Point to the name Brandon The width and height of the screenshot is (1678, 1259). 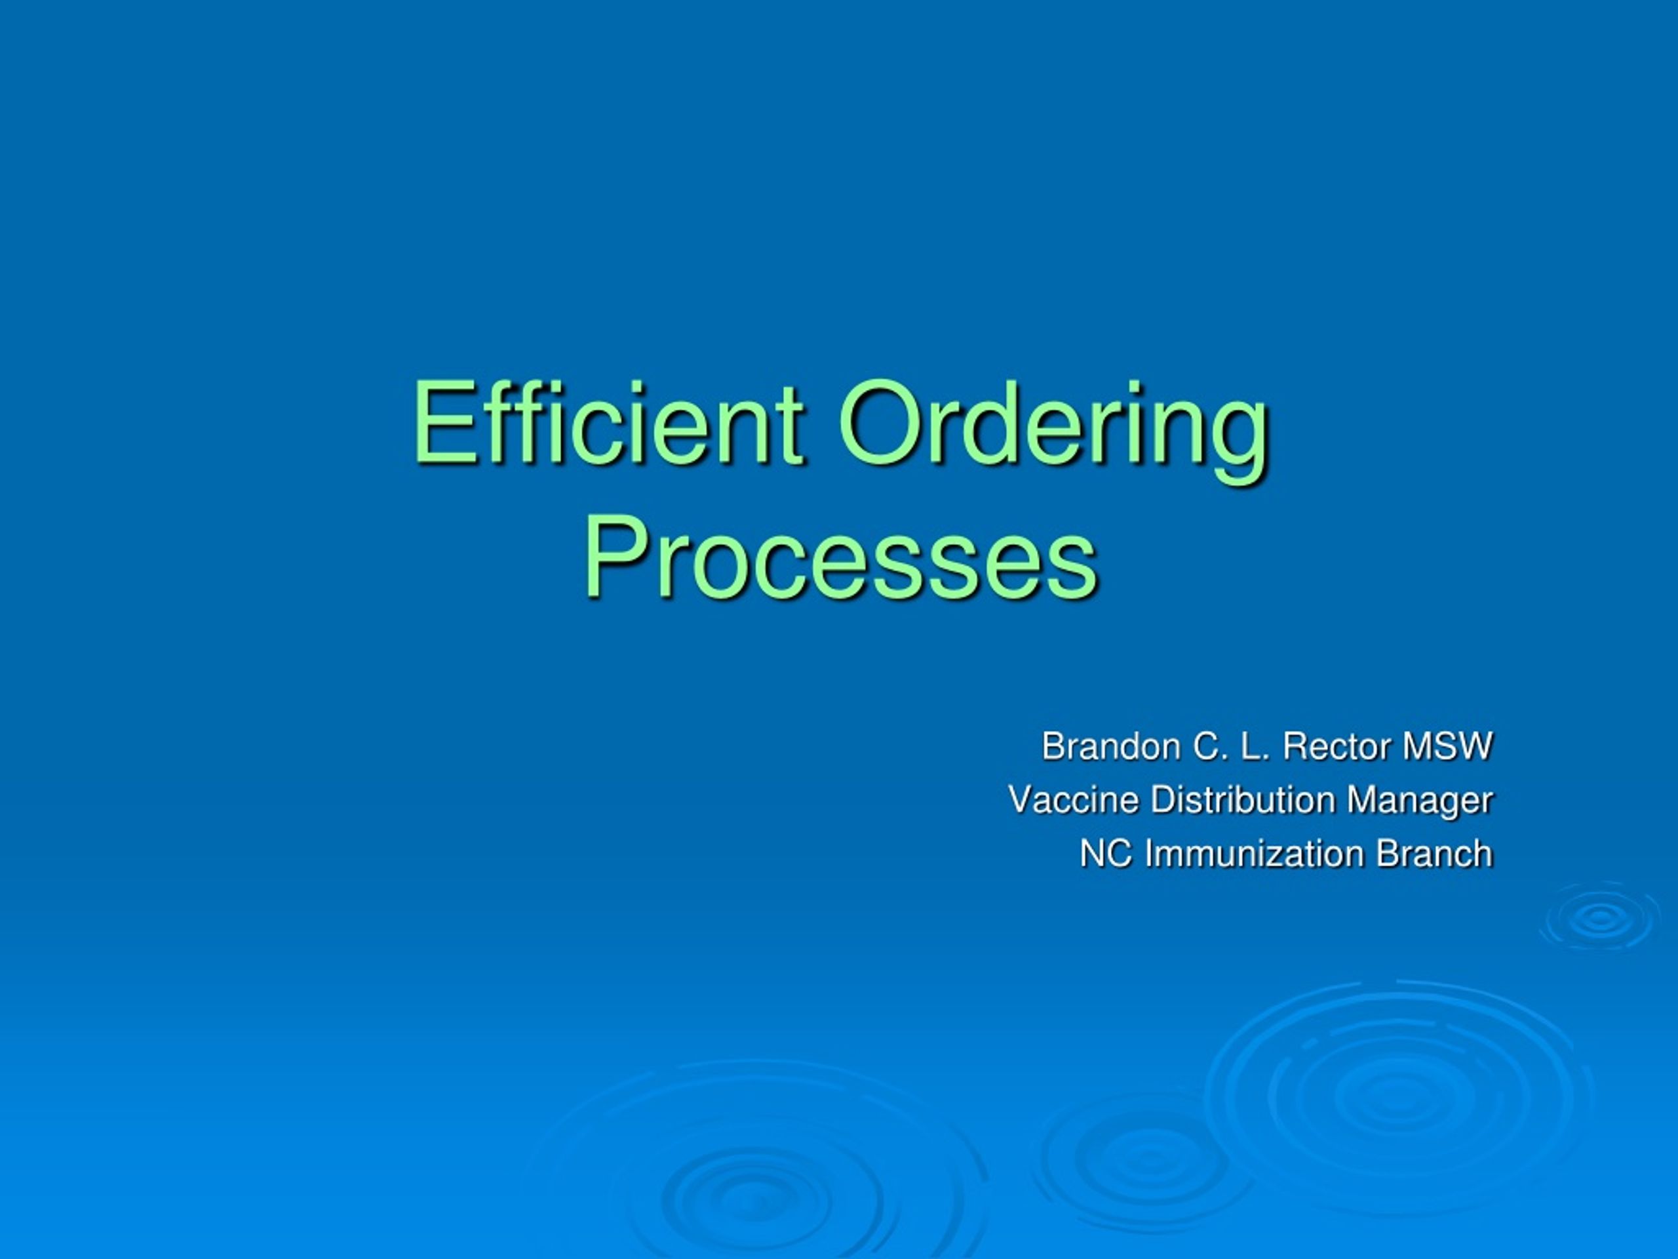pos(1110,747)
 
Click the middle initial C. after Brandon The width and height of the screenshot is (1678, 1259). pos(1211,747)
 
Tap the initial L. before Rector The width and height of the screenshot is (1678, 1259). pos(1257,747)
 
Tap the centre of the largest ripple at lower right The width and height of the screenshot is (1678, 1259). pos(1394,1093)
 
